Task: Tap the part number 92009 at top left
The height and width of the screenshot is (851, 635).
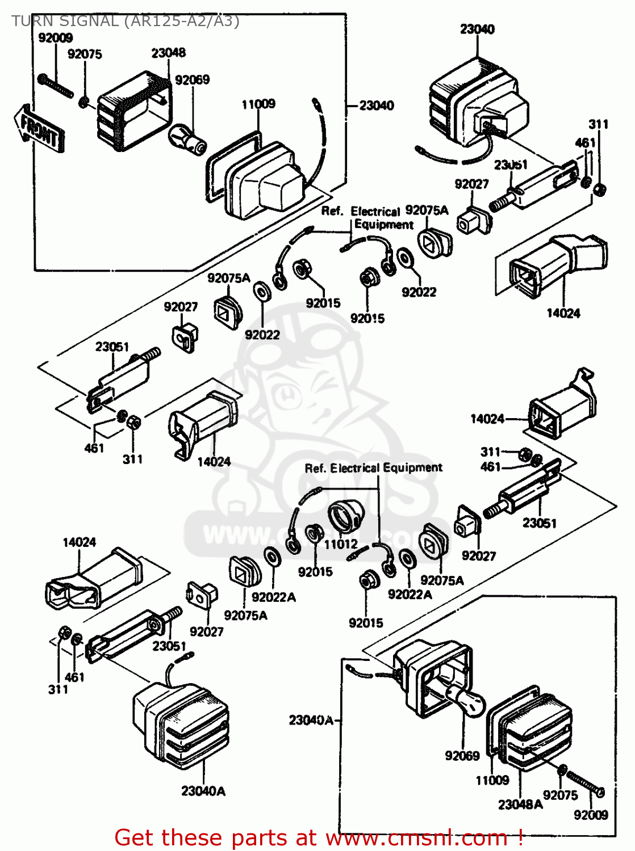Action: pos(55,38)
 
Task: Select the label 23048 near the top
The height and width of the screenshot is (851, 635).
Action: pos(168,53)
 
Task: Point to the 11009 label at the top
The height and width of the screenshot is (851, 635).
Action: pos(258,104)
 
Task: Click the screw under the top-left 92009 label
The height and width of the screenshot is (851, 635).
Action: pos(56,86)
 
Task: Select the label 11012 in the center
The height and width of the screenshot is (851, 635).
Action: pos(341,544)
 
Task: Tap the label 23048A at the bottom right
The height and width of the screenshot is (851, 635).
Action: pos(520,804)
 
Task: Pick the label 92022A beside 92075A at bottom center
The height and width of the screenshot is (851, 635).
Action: pos(274,597)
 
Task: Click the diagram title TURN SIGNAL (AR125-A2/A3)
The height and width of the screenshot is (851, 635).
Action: pos(125,21)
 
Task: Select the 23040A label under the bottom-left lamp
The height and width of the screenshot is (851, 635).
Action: pos(203,791)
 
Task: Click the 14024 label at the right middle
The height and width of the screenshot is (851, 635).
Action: pos(487,419)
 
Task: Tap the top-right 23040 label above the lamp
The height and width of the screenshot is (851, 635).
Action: pos(477,29)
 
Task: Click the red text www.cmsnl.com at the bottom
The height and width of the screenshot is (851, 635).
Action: pos(417,837)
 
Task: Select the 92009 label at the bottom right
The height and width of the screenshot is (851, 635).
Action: pos(591,815)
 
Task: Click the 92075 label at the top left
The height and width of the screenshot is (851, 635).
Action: pos(85,54)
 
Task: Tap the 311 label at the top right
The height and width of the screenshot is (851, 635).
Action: pos(598,124)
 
